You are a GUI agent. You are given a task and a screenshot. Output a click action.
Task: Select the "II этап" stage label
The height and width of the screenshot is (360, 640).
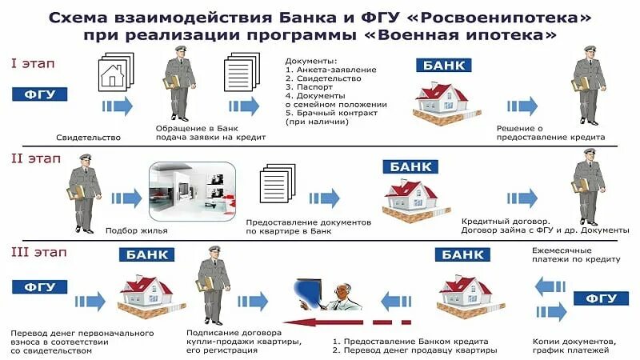(x=34, y=158)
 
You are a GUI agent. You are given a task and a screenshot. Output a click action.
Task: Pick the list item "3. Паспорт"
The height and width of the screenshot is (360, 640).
(x=313, y=86)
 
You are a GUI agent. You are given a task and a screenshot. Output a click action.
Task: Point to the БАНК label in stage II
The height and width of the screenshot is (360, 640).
(x=413, y=167)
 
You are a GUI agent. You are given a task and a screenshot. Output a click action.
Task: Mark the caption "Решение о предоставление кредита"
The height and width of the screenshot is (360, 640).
(x=550, y=132)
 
